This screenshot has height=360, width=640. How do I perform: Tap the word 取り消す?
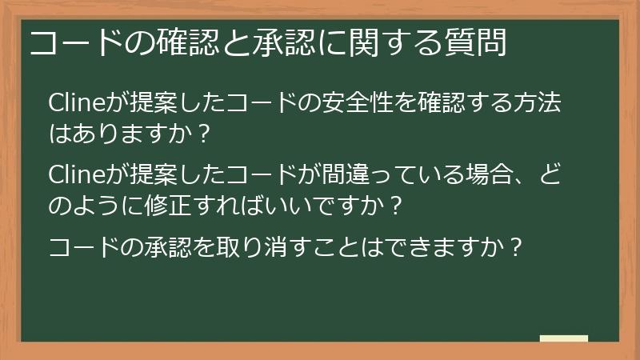click(x=268, y=248)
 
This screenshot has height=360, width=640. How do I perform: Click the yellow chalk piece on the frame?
click(x=563, y=338)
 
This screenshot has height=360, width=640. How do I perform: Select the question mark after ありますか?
click(x=203, y=134)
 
